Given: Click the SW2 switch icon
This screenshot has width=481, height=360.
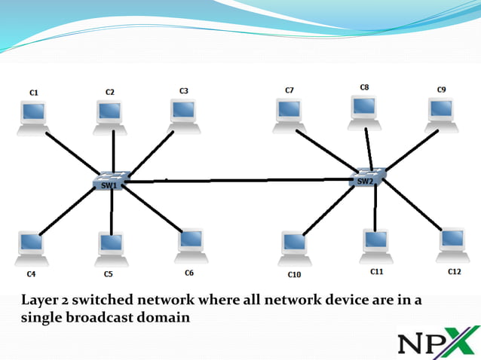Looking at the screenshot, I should point(368,178).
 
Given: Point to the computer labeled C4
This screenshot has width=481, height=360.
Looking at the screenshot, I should point(31,246).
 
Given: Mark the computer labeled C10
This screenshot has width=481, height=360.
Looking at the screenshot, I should point(294,247).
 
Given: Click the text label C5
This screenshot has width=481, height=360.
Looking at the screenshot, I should point(109,274).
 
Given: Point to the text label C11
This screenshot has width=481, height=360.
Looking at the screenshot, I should point(376,270).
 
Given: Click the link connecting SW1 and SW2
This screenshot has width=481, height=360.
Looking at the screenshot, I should point(241,180).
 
